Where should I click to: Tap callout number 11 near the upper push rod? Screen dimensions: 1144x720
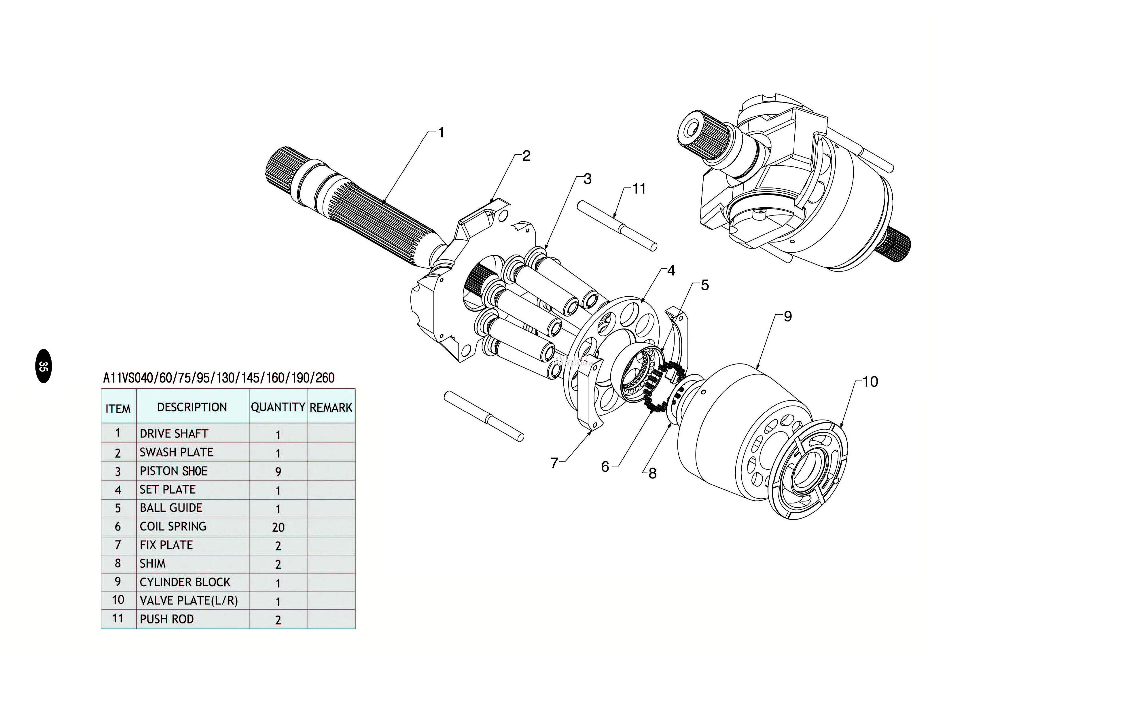click(x=639, y=189)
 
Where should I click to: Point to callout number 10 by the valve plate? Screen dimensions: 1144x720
click(x=870, y=382)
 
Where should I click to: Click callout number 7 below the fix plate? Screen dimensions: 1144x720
click(x=554, y=463)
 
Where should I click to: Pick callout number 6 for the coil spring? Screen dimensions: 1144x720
click(x=605, y=467)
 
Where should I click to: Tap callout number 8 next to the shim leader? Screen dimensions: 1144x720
click(x=652, y=473)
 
